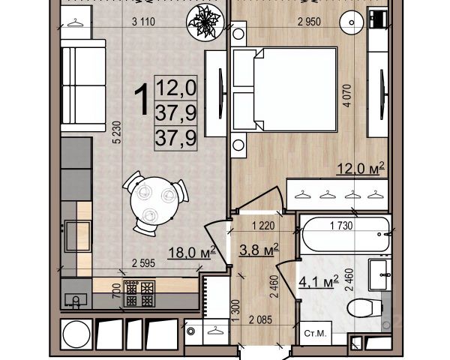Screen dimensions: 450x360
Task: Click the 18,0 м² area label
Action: tap(192, 252)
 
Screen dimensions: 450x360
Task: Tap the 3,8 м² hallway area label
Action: tap(259, 249)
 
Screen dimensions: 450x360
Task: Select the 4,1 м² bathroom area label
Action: tap(319, 281)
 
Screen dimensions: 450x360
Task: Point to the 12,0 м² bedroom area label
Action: tap(361, 168)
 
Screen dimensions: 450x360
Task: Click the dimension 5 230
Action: tap(118, 132)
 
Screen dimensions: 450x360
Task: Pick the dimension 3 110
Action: tap(143, 22)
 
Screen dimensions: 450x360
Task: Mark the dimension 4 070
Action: tap(347, 96)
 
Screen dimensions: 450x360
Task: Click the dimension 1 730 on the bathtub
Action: tap(341, 226)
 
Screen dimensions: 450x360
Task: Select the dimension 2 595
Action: tap(143, 263)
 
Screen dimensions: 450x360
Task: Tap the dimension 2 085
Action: tap(260, 319)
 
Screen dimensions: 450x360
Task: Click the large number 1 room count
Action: tap(142, 100)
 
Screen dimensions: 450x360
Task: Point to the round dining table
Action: tap(151, 201)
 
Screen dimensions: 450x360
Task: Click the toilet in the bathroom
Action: tap(365, 307)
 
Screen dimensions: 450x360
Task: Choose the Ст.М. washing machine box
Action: tap(316, 333)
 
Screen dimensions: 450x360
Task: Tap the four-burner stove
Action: tap(139, 294)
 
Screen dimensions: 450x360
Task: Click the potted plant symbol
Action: tap(205, 22)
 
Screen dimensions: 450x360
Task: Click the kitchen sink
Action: tap(76, 300)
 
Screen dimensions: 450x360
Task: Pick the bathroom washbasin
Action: tap(380, 274)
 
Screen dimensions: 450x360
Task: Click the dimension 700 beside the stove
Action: tap(117, 290)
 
